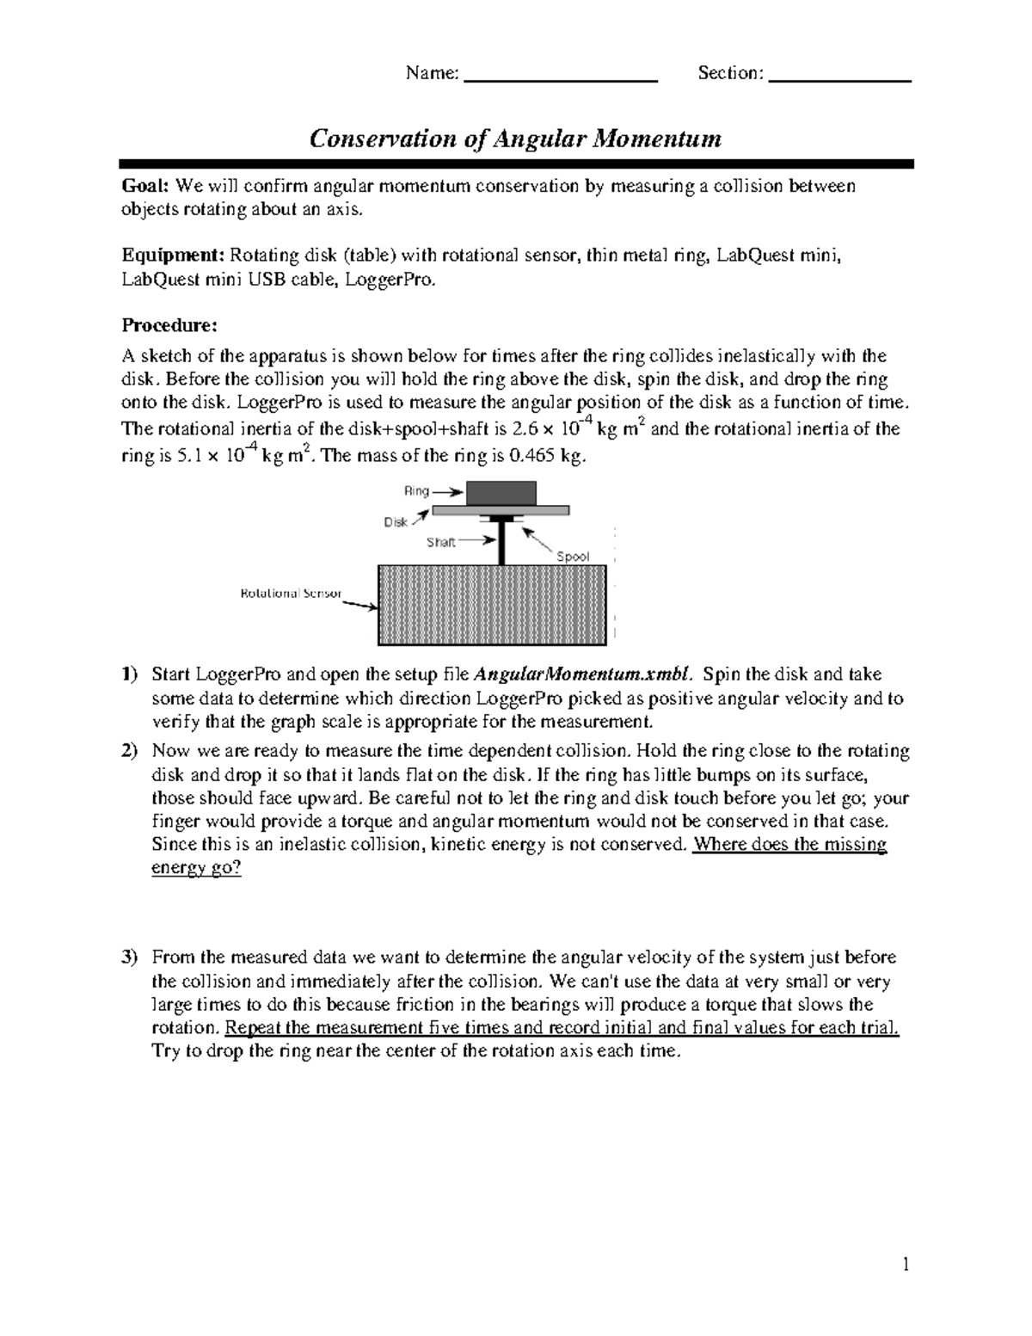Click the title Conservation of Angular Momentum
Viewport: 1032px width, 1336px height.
point(515,139)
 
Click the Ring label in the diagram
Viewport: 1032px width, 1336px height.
point(416,491)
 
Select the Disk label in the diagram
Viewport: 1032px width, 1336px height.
point(396,522)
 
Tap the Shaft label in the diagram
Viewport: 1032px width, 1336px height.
point(441,543)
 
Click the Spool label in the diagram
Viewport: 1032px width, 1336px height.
point(573,557)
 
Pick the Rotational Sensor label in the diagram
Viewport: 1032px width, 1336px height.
point(291,594)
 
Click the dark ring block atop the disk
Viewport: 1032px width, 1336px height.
point(501,493)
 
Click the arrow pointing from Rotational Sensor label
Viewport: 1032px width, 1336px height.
point(360,604)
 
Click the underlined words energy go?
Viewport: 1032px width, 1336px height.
point(196,868)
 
